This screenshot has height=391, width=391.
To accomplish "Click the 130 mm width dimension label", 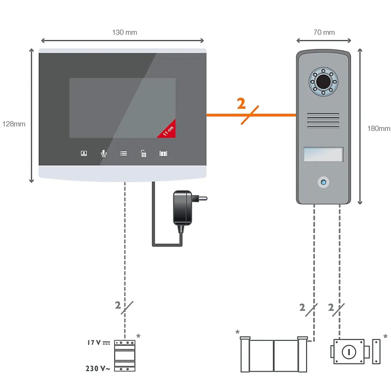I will (124, 32).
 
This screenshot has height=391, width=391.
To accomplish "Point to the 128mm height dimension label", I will (14, 124).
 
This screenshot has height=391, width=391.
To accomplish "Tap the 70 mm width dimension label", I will (324, 32).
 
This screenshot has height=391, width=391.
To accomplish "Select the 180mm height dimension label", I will (379, 129).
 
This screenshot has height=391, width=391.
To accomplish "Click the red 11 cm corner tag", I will (168, 130).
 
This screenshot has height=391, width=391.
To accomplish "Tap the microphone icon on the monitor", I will (104, 153).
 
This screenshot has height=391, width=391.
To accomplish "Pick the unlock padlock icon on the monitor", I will (144, 153).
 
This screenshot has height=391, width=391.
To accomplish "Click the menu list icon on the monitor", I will (124, 153).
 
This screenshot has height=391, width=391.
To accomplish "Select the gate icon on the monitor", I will (163, 153).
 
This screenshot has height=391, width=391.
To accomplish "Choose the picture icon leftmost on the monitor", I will (84, 153).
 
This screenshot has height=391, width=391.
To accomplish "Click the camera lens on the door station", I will (322, 82).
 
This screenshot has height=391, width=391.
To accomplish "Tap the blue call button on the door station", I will (323, 182).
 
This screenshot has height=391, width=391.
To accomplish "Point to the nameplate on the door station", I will (324, 154).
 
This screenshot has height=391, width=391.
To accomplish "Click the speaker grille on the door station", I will (324, 121).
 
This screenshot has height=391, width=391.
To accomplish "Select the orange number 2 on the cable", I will (241, 104).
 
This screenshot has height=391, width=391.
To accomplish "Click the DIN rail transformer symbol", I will (125, 356).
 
